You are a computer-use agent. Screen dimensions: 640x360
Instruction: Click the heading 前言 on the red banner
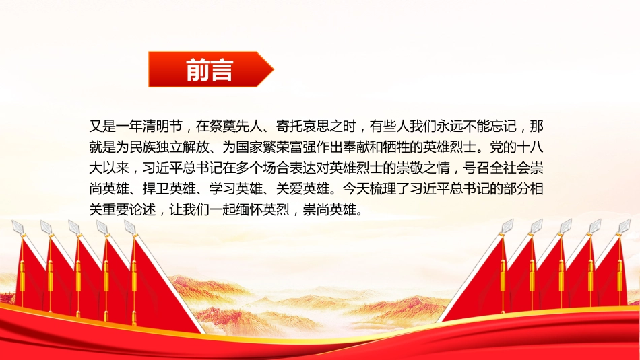[210, 70]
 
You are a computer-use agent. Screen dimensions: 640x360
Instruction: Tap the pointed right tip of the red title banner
[274, 69]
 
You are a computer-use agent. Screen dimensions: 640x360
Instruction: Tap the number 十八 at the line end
[530, 147]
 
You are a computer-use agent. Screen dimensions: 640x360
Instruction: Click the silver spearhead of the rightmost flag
[625, 226]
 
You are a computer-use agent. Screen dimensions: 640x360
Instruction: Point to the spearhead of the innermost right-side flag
[507, 226]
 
